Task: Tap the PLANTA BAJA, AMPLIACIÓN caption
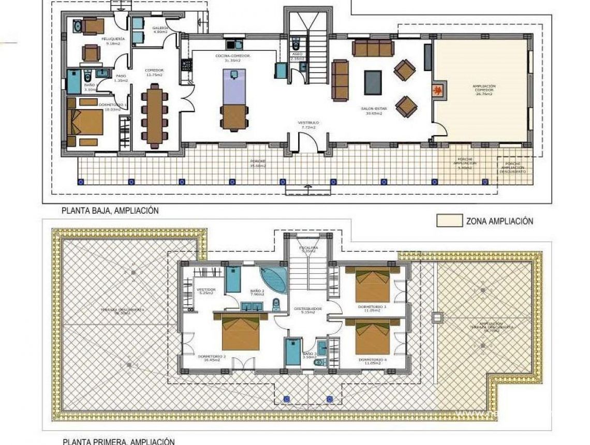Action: point(110,211)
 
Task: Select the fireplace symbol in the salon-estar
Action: point(437,91)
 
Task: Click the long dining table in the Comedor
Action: point(154,116)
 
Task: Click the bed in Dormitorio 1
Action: point(87,123)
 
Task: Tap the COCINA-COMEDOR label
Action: point(233,56)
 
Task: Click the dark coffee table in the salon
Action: point(373,82)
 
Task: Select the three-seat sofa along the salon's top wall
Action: point(373,49)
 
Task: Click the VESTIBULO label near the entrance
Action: point(307,124)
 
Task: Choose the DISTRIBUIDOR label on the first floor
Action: point(308,309)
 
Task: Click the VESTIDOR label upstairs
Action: point(207,289)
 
